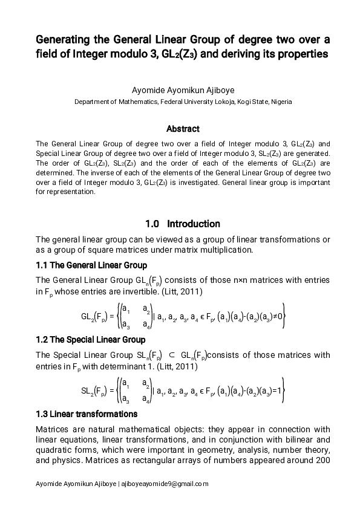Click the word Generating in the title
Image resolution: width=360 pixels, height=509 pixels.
[59, 40]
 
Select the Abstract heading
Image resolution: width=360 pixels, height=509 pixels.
[183, 129]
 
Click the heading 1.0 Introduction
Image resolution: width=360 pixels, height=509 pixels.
[183, 224]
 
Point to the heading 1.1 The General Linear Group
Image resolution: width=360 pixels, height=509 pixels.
[91, 265]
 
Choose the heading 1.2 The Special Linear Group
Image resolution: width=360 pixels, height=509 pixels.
[91, 340]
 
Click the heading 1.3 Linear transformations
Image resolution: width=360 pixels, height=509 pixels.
[87, 414]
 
